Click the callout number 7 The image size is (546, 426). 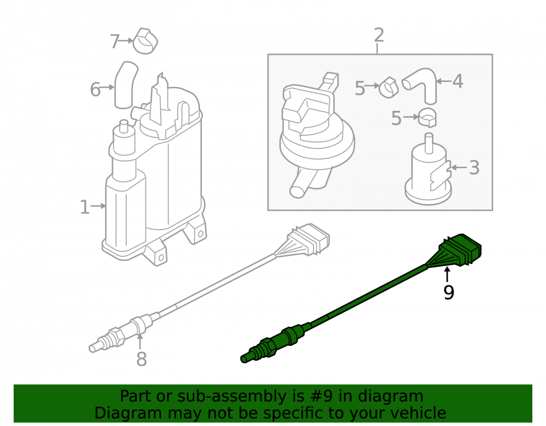click(115, 41)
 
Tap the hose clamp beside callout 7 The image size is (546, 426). click(145, 41)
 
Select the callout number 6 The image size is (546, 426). click(95, 89)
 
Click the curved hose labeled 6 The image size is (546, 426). click(126, 85)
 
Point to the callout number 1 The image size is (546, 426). click(85, 207)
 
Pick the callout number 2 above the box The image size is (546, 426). click(379, 35)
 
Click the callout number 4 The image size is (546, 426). click(458, 81)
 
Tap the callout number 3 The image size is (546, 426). click(474, 167)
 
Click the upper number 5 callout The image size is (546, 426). click(360, 88)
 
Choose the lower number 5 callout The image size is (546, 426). click(396, 118)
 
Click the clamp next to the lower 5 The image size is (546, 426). click(428, 117)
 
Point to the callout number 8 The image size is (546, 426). click(141, 359)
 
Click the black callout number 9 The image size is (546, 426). click(448, 292)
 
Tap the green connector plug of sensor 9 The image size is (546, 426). click(460, 249)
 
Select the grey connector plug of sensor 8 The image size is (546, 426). click(308, 239)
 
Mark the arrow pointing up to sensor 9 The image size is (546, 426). click(447, 274)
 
